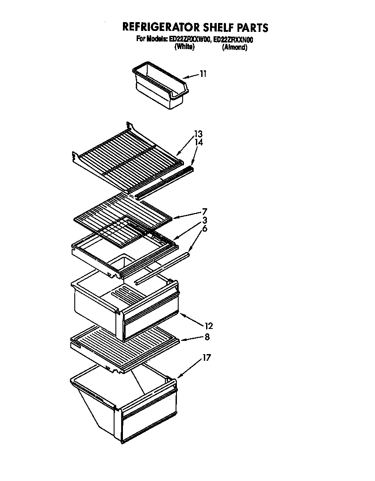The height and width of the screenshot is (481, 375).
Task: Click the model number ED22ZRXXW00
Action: click(x=190, y=39)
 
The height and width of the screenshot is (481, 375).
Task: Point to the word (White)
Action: click(x=184, y=47)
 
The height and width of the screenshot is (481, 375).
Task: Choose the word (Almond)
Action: click(x=234, y=47)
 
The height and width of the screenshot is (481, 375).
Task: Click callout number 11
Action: click(x=203, y=74)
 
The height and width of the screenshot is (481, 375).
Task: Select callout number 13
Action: click(x=198, y=134)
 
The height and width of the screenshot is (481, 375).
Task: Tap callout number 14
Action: click(x=198, y=143)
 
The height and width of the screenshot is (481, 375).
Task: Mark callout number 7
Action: click(x=204, y=211)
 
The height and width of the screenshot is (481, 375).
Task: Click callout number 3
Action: click(x=204, y=220)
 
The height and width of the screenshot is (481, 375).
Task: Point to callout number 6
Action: click(x=204, y=229)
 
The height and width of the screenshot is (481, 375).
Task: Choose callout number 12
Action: click(x=208, y=326)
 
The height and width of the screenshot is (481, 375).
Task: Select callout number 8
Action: click(x=207, y=337)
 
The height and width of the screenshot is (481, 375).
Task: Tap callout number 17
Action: click(x=206, y=358)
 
